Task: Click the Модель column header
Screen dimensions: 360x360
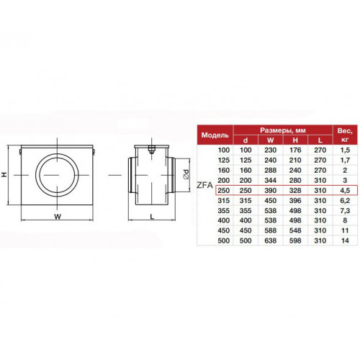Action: [215, 135]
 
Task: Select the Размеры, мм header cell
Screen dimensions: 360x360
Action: [283, 130]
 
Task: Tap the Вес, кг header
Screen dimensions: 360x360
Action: [345, 135]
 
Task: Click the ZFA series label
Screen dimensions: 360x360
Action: [204, 185]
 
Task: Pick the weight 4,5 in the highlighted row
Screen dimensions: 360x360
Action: [345, 190]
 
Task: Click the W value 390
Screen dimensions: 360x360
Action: [270, 190]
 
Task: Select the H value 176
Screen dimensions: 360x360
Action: [295, 150]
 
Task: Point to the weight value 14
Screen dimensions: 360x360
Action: [345, 240]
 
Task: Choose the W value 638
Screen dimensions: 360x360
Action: [270, 240]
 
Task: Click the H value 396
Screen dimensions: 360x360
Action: [295, 200]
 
